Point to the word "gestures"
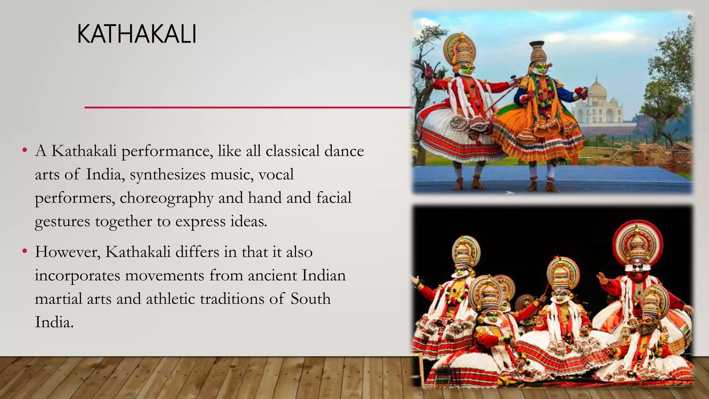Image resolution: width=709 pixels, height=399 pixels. click(62, 222)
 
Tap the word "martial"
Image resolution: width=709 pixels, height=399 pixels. click(59, 299)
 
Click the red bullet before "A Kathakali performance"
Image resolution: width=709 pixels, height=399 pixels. click(24, 150)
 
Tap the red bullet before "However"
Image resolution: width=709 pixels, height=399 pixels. click(24, 251)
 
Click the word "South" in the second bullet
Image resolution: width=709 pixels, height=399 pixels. click(310, 299)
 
